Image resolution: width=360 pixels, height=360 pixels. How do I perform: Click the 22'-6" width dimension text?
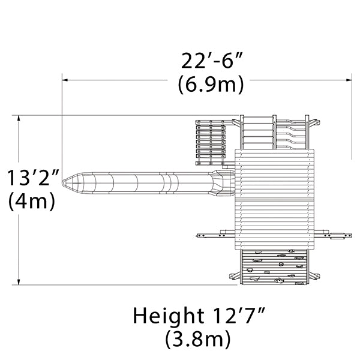(211, 61)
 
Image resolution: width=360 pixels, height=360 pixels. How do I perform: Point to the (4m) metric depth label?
(32, 200)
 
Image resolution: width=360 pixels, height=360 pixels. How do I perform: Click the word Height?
(169, 316)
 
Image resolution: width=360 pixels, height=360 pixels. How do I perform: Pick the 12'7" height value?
(239, 316)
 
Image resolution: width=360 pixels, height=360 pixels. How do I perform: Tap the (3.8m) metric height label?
(198, 339)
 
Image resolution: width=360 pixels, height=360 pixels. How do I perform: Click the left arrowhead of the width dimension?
(65, 80)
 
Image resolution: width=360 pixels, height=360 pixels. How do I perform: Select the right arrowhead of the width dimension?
(349, 80)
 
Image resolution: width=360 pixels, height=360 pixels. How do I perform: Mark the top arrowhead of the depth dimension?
(19, 118)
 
